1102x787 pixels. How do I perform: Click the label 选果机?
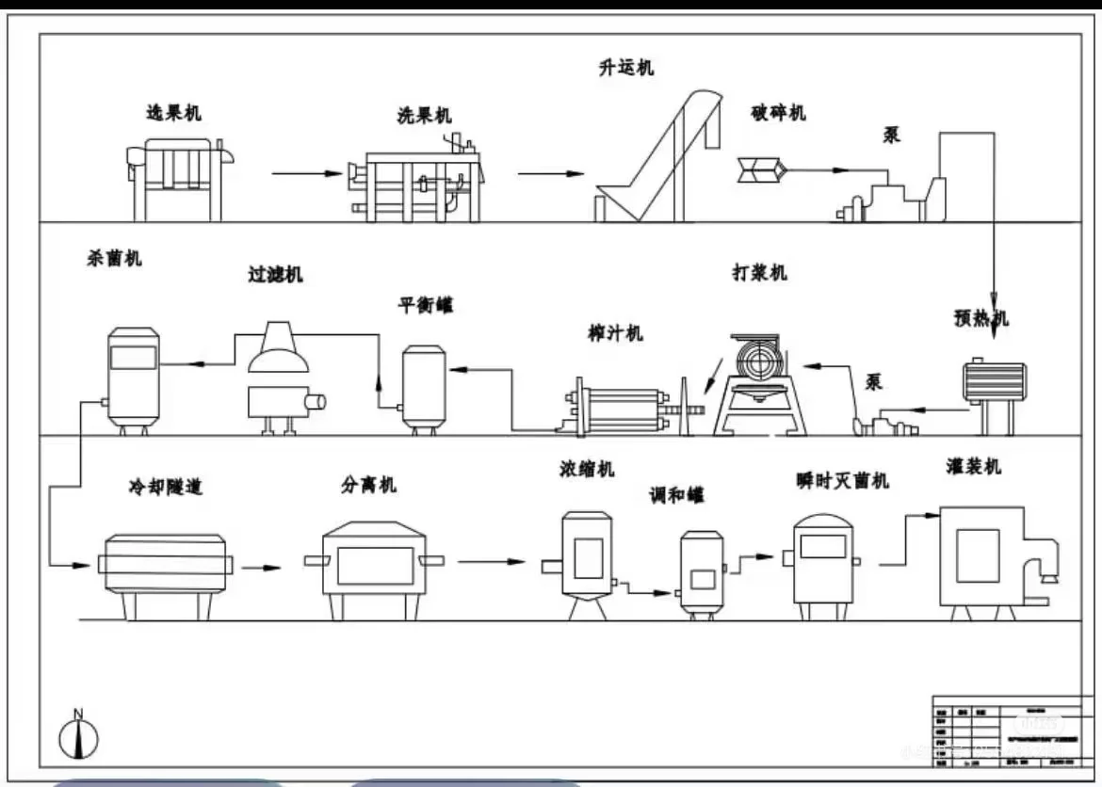tap(173, 113)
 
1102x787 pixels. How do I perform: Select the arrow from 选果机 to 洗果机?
tap(306, 173)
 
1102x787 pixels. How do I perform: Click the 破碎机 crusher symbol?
tap(760, 169)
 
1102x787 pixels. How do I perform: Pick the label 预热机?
tap(980, 318)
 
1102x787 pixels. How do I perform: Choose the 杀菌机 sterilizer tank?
tap(133, 377)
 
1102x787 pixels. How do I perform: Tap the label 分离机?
tap(368, 484)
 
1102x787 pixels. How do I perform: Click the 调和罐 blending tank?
tap(702, 570)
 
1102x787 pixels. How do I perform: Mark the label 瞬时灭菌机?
tap(841, 480)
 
